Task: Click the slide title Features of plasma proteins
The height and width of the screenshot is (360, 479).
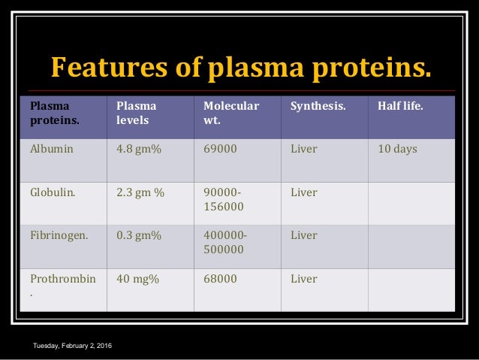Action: tap(241, 67)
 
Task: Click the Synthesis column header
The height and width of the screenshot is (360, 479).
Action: tap(318, 106)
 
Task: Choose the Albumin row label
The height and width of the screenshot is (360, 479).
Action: tap(52, 149)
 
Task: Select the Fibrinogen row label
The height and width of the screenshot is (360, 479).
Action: tap(59, 235)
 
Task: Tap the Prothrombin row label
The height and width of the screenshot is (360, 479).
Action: tap(63, 279)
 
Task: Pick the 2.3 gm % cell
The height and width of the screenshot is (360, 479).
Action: tap(140, 192)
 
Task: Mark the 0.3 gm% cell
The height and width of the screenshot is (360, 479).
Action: tap(139, 235)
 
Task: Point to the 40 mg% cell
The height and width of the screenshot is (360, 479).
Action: tap(137, 279)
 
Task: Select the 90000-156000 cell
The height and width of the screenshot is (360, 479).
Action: tap(224, 199)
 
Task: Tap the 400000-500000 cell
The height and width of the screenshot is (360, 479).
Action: tap(224, 242)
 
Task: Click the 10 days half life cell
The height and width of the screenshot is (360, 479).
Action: tap(397, 149)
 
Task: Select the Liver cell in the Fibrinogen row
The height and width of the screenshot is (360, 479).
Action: tap(304, 235)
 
